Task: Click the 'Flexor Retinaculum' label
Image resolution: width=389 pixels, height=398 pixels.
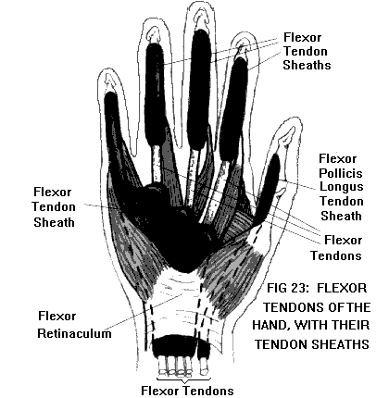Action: pos(74,325)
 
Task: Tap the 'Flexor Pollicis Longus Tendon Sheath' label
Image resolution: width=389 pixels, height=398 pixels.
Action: pos(341,187)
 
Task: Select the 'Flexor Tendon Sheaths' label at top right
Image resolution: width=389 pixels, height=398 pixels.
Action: pos(307,51)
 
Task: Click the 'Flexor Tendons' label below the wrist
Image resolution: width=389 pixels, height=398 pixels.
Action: pos(187,391)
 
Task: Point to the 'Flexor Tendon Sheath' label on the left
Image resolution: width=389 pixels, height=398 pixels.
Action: pos(54,206)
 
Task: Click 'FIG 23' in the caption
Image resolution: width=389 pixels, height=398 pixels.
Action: pos(287,288)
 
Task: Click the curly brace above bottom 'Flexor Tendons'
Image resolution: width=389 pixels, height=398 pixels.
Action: pos(184,379)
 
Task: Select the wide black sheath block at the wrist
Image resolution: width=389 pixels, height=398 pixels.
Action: pos(174,345)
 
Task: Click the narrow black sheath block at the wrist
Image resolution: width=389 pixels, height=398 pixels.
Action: pos(204,348)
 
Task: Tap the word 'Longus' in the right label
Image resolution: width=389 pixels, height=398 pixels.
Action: pos(342,187)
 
